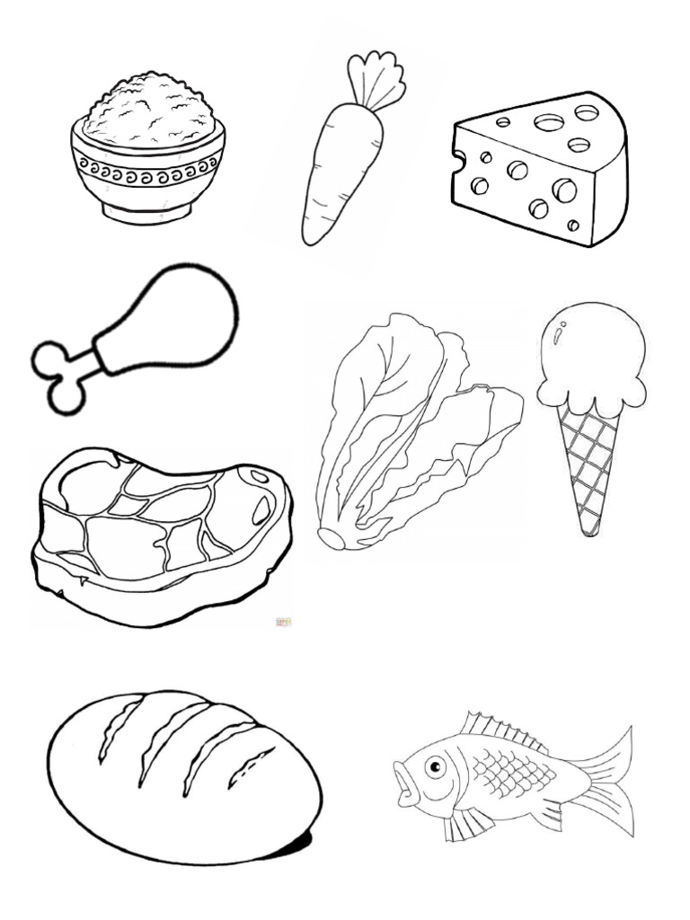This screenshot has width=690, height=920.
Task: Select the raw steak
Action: tap(153, 530)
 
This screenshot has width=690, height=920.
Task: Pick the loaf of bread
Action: tap(180, 773)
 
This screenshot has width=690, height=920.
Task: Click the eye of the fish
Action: tap(436, 767)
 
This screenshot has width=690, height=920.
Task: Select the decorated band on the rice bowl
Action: tap(147, 166)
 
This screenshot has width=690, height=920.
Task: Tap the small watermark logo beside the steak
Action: tap(282, 621)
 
